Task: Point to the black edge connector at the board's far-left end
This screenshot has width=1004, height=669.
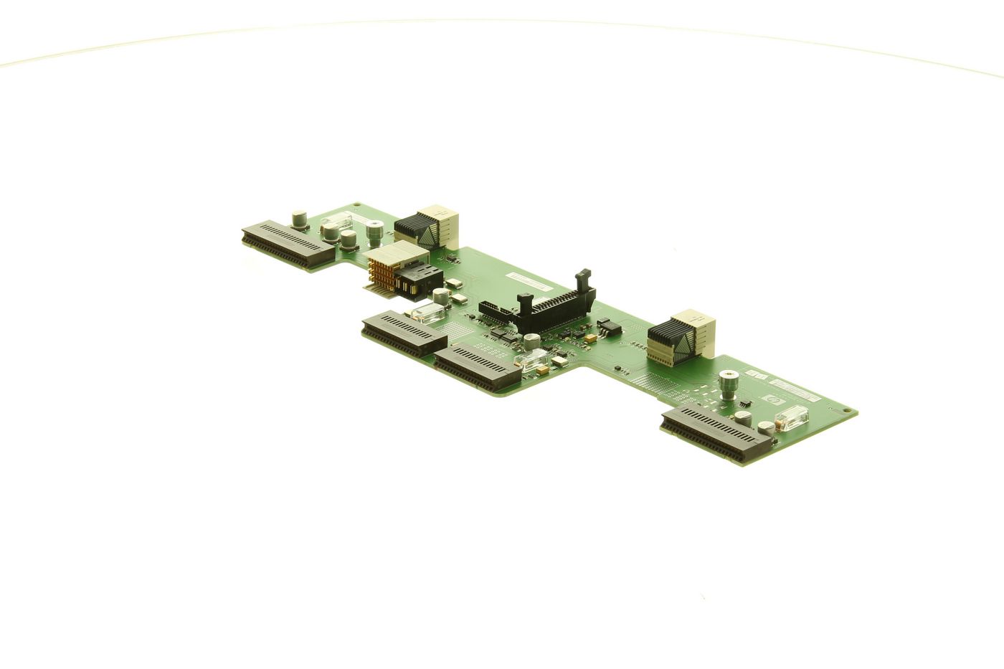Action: pyautogui.click(x=288, y=244)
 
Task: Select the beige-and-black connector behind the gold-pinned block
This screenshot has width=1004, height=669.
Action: pyautogui.click(x=426, y=227)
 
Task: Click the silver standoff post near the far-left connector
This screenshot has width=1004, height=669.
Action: pyautogui.click(x=374, y=234)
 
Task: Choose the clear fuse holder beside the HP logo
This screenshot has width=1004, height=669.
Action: pyautogui.click(x=792, y=417)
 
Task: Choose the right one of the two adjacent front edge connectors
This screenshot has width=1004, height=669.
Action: pyautogui.click(x=477, y=366)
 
